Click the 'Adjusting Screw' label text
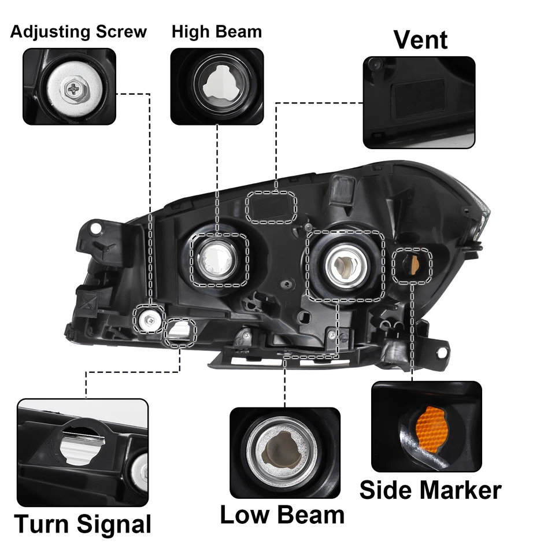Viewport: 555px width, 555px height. (x=78, y=31)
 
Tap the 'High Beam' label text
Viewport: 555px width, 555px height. (x=217, y=31)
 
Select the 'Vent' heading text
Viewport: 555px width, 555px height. (x=420, y=39)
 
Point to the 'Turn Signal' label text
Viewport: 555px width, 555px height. (x=82, y=524)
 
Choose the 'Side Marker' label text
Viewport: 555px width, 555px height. (x=430, y=490)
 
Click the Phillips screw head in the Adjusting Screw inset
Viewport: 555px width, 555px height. (x=74, y=88)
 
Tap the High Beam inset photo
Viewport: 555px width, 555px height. (x=217, y=86)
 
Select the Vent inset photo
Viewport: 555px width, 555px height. (x=419, y=102)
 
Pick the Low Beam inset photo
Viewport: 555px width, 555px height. (x=284, y=453)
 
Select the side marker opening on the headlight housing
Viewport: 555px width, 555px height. (x=412, y=265)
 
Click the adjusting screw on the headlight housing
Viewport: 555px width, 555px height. (x=149, y=317)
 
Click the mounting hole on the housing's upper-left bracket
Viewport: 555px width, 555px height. (x=96, y=230)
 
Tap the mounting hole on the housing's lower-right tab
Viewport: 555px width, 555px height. (x=442, y=351)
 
